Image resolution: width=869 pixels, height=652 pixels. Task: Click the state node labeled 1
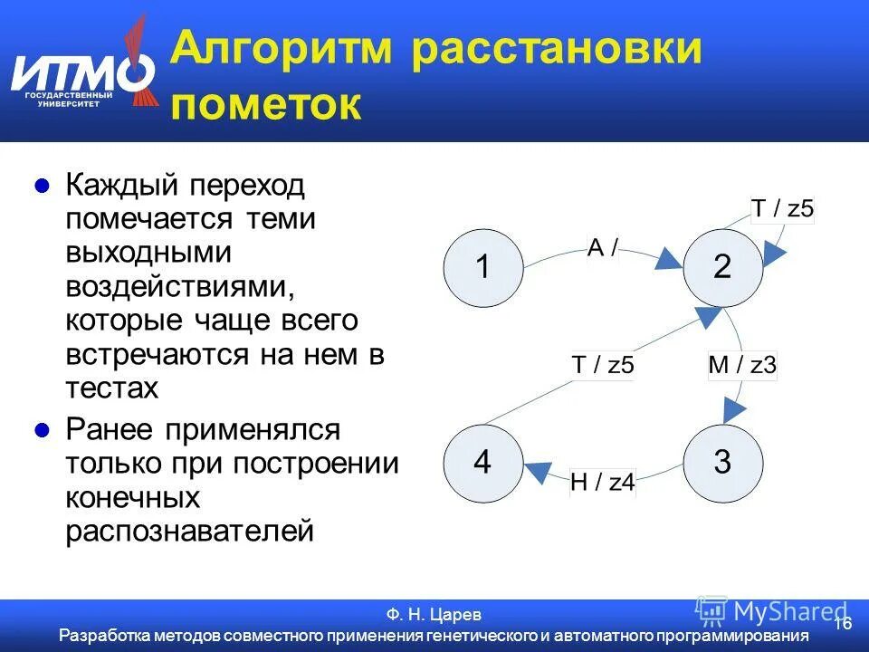coord(482,268)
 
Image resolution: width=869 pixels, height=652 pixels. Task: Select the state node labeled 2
coord(722,268)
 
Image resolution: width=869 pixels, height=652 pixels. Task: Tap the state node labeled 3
coord(722,463)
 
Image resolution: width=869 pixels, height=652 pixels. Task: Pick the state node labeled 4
coord(482,463)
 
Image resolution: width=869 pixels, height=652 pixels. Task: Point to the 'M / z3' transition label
coord(741,366)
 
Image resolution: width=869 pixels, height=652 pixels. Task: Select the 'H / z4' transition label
coord(603,483)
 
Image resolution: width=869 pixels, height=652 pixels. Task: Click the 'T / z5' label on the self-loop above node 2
coord(783,209)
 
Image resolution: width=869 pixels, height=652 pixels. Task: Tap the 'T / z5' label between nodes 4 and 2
coord(603,366)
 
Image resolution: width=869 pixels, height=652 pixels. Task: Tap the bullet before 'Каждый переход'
coord(41,187)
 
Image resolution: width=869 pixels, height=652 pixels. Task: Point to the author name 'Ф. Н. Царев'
coord(434,615)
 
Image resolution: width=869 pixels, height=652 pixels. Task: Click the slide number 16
coord(843,624)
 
